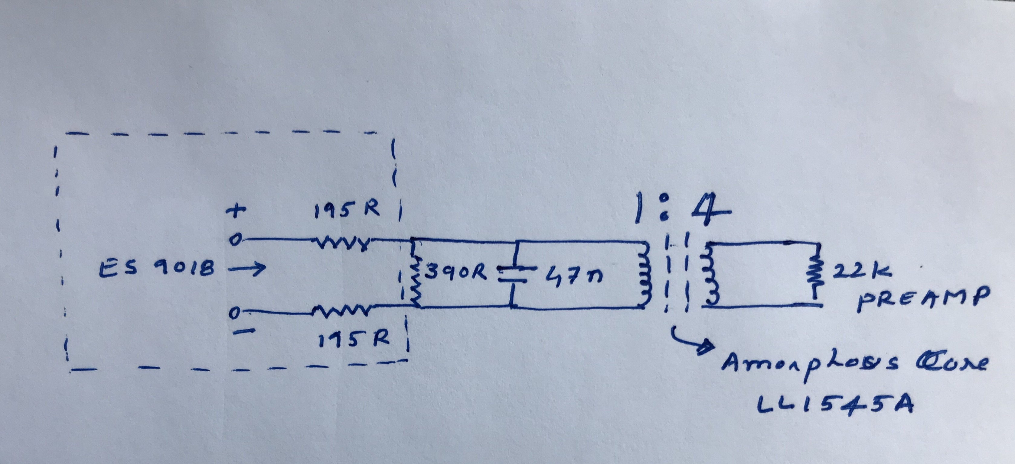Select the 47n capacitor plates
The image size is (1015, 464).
(511, 275)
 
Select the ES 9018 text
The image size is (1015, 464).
(158, 269)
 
